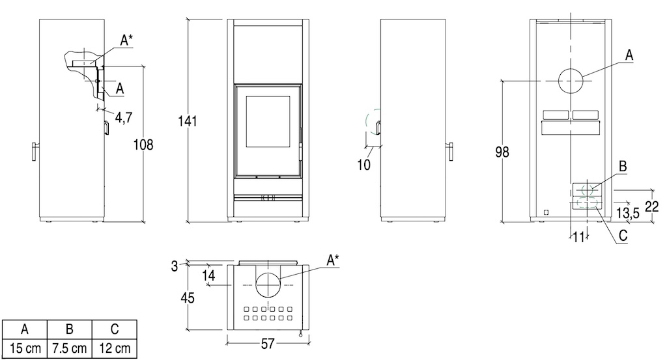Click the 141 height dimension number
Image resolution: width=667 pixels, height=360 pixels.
tap(187, 121)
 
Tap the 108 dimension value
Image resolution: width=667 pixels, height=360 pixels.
tap(143, 145)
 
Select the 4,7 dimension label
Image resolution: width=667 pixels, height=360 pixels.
tap(123, 117)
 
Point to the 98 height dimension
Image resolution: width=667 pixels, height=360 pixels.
tap(502, 152)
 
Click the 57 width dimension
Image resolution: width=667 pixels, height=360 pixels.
tap(268, 344)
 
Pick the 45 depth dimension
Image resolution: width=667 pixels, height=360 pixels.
tap(188, 298)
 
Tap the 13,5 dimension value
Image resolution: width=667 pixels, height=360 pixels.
tap(628, 213)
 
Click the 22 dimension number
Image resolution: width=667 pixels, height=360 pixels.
tap(651, 206)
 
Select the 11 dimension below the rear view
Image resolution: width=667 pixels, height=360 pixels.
tap(578, 237)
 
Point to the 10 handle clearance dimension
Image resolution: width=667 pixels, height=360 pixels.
tap(363, 165)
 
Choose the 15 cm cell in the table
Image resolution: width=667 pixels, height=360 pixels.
tap(25, 348)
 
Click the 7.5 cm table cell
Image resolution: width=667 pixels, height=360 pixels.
tap(69, 348)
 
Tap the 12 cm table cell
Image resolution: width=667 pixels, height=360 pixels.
tap(115, 348)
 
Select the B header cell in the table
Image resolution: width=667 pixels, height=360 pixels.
tap(69, 329)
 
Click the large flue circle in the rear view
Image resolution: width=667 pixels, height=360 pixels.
tap(571, 81)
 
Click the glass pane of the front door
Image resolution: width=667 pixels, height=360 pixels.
tap(268, 122)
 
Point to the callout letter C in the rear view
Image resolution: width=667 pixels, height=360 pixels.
tap(623, 235)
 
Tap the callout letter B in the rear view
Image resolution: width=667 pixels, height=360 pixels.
tap(623, 166)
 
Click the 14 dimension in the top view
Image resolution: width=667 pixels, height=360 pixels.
tap(208, 275)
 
